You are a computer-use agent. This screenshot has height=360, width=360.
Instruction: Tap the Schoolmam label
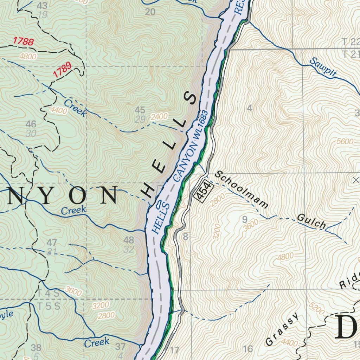point(242,189)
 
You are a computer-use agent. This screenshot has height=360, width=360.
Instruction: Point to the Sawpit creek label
point(323,67)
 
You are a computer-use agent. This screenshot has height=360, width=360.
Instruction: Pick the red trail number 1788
point(24,42)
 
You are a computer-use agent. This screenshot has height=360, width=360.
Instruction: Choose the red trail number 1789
point(62,70)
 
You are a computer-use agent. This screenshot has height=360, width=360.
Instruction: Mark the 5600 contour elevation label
point(345,141)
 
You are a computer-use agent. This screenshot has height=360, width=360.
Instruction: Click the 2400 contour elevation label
point(159,116)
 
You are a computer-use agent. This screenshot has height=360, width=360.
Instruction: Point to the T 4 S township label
point(49,293)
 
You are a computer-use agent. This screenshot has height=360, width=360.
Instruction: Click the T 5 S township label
point(49,306)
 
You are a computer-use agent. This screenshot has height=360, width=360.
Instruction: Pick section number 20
point(150,12)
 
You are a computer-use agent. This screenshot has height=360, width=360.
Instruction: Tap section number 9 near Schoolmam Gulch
point(245,220)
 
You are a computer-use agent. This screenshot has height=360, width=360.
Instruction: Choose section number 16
point(248,349)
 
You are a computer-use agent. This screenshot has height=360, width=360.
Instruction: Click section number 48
point(129,240)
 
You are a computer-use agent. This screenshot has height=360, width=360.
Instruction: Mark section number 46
point(31,124)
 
